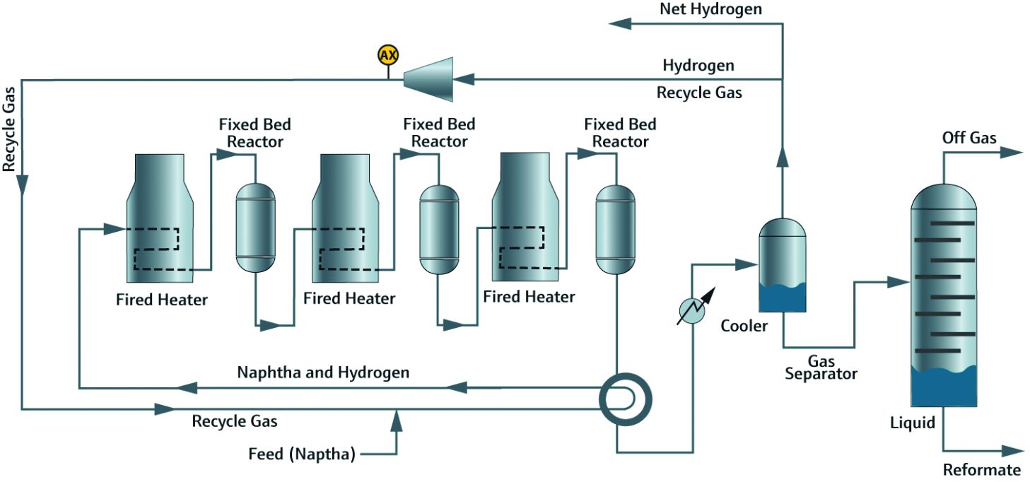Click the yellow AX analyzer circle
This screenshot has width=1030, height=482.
click(x=387, y=55)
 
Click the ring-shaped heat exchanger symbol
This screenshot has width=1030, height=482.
click(x=625, y=399)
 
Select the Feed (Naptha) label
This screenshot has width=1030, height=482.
click(x=301, y=454)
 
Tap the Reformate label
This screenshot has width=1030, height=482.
click(x=982, y=470)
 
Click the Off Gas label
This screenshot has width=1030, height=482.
click(x=969, y=137)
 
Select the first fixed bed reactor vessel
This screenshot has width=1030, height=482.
click(x=254, y=228)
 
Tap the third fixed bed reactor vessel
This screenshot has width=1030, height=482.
click(x=616, y=228)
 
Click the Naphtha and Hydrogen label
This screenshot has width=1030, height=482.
click(x=323, y=372)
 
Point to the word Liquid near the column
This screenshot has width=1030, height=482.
click(x=913, y=423)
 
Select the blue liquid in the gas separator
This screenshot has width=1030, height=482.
click(x=782, y=298)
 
